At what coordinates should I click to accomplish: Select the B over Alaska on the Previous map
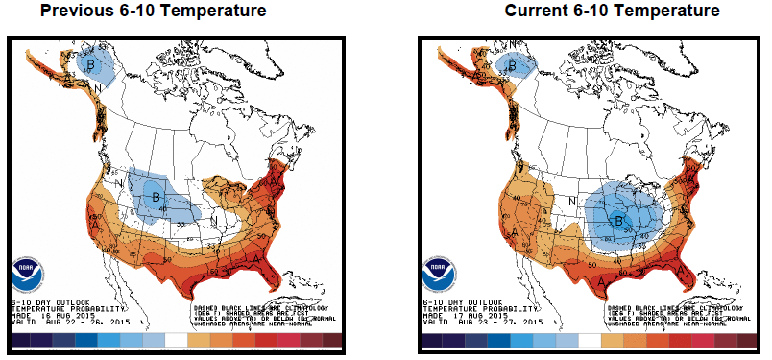92,65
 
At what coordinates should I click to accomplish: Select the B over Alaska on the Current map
513,66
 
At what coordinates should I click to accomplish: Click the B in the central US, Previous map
154,199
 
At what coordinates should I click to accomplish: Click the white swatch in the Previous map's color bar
176,341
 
